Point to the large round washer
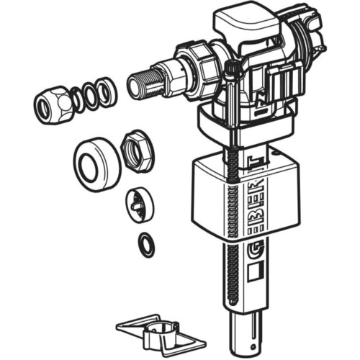[97, 164]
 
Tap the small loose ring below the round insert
[146, 244]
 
